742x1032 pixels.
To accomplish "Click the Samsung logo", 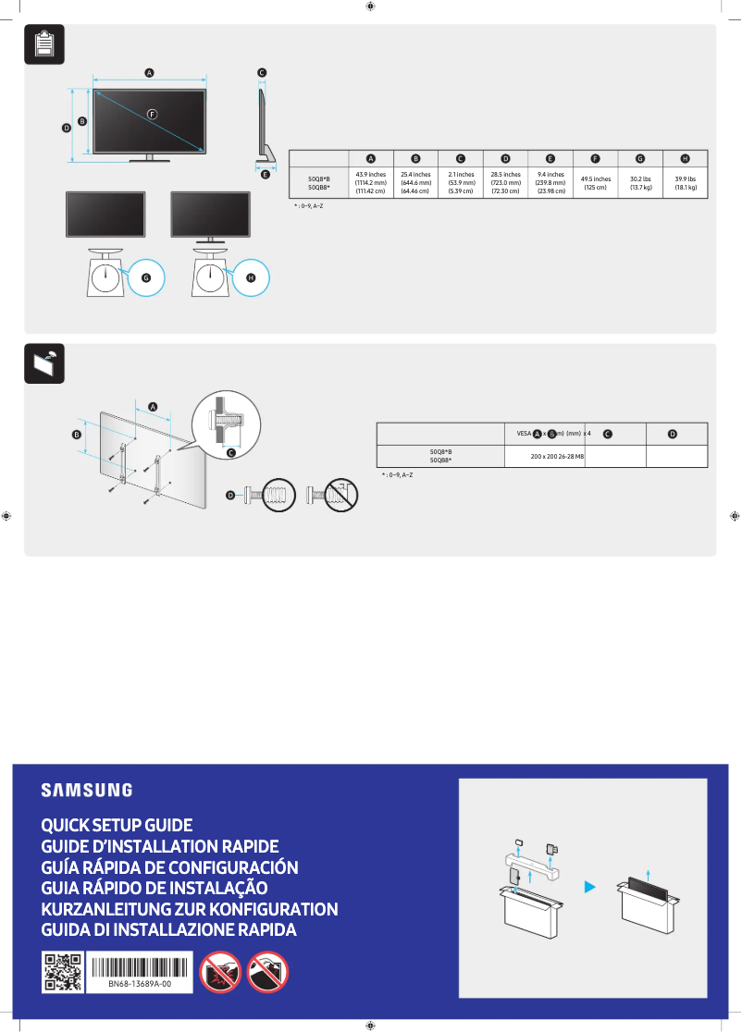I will (x=86, y=791).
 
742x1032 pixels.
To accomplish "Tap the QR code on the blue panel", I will (x=62, y=972).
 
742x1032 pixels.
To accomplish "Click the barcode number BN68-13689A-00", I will (x=139, y=986).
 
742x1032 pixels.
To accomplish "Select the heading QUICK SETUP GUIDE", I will (x=117, y=825).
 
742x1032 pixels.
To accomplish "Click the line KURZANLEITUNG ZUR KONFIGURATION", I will (x=189, y=909).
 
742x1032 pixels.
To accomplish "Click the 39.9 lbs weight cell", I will (x=685, y=182).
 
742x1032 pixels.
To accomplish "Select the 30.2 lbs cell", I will (x=640, y=182).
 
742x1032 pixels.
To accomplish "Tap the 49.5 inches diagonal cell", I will (x=595, y=182).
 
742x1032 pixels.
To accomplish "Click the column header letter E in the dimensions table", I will (x=550, y=159).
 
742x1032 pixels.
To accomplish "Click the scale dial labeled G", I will (x=106, y=276).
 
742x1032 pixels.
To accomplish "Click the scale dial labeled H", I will (x=211, y=276).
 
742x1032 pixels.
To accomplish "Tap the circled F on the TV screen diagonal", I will (x=152, y=113).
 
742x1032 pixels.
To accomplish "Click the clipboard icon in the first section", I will (x=43, y=43).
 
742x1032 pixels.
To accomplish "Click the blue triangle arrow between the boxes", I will (x=588, y=886).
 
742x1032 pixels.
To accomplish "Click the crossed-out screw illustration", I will (x=332, y=496).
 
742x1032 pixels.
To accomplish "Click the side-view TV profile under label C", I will (x=263, y=125).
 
